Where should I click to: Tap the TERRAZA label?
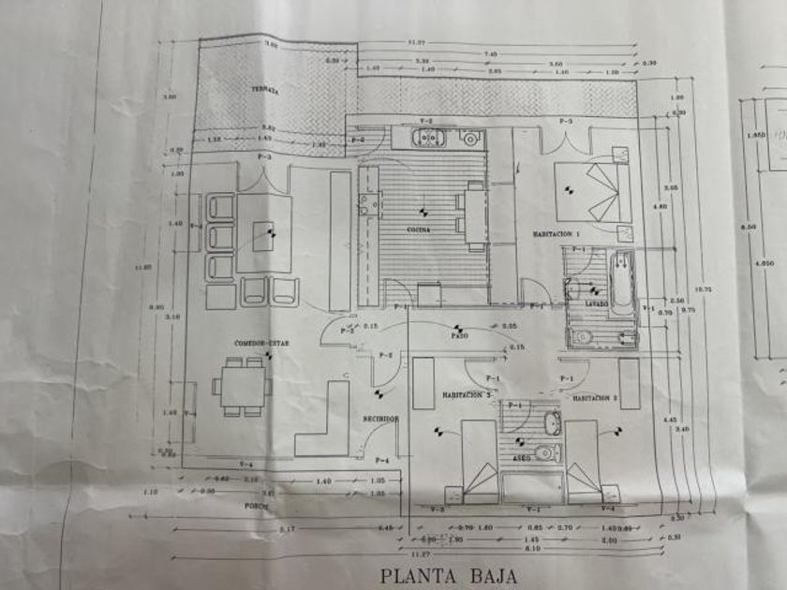click(264, 90)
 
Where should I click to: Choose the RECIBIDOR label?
click(381, 419)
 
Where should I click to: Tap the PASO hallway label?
click(459, 335)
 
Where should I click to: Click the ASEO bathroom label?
click(522, 459)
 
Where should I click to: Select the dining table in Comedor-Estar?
click(242, 385)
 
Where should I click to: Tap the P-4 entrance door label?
click(381, 461)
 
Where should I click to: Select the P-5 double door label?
click(566, 122)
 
